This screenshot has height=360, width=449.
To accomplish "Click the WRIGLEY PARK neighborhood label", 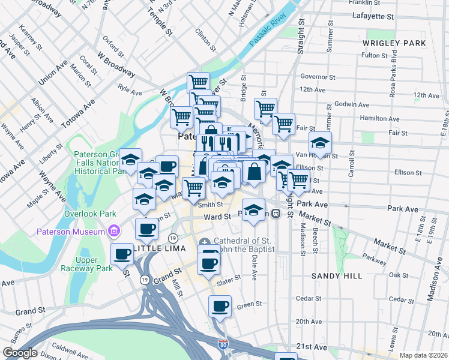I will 394,43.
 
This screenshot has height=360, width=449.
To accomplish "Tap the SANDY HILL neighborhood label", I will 337,275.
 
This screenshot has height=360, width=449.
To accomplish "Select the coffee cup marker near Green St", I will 219,307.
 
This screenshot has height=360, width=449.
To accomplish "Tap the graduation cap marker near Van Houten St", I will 321,143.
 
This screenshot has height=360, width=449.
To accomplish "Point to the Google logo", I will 20,353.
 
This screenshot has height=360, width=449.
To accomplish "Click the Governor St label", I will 318,77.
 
